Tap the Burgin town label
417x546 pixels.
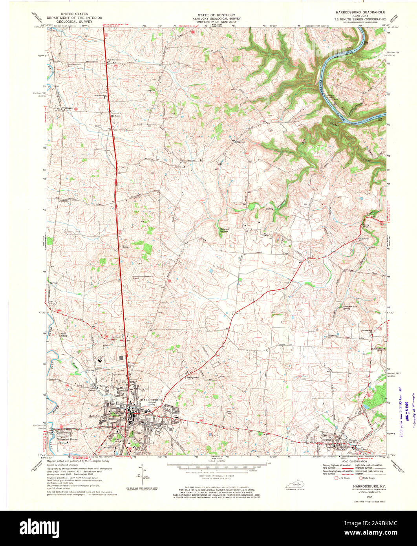point(352,441)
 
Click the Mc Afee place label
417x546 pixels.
point(115,116)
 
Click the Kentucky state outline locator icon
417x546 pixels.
point(296,486)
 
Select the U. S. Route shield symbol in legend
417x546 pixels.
point(336,478)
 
